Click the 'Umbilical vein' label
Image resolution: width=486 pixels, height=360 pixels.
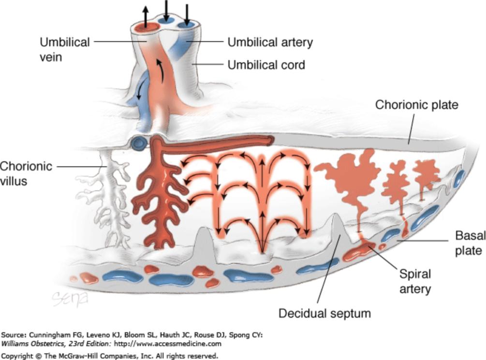pyautogui.click(x=64, y=49)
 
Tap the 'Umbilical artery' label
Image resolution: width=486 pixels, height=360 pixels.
pyautogui.click(x=270, y=42)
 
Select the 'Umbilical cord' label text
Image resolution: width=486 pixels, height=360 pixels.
pyautogui.click(x=266, y=64)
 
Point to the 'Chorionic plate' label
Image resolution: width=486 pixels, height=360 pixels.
pyautogui.click(x=417, y=104)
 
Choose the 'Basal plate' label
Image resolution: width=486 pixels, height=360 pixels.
pyautogui.click(x=469, y=243)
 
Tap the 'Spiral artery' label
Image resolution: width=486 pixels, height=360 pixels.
pyautogui.click(x=414, y=281)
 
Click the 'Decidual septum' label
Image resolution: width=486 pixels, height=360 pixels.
pyautogui.click(x=324, y=313)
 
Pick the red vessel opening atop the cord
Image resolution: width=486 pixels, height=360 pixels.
pyautogui.click(x=146, y=27)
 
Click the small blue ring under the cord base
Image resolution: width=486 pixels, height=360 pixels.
pyautogui.click(x=140, y=143)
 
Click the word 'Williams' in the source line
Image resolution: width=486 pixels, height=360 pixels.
pyautogui.click(x=14, y=344)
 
